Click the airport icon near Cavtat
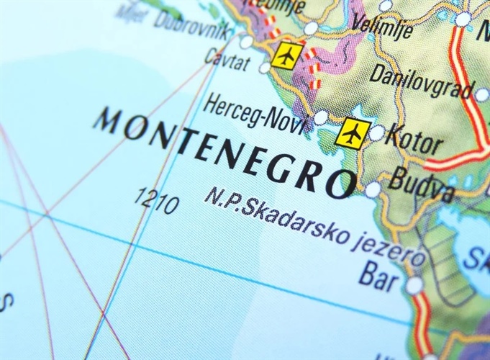click(x=287, y=55)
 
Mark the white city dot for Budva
click(x=372, y=190)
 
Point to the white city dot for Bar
click(x=414, y=286)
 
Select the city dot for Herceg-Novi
click(x=320, y=117)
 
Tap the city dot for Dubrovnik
click(x=246, y=42)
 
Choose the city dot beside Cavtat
click(x=265, y=68)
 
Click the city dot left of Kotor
click(x=376, y=133)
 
